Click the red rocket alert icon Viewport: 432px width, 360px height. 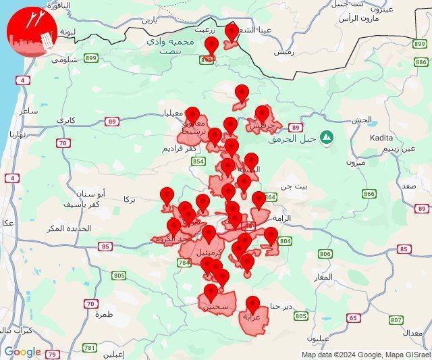(x=30, y=32)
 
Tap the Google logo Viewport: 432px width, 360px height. (x=22, y=352)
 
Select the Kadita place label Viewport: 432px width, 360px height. (x=381, y=138)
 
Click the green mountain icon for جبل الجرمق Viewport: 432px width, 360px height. (x=327, y=137)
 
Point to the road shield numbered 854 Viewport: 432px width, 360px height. (x=198, y=162)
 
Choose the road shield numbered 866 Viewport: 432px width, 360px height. (x=369, y=194)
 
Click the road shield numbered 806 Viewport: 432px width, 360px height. (x=325, y=254)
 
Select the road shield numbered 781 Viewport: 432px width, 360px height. (x=89, y=348)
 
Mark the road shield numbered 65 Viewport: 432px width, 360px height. (x=353, y=317)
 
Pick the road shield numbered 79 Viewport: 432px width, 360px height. (x=53, y=354)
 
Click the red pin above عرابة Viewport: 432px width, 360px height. (x=253, y=305)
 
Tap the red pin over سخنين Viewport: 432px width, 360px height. (x=211, y=292)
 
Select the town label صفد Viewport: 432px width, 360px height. (x=408, y=185)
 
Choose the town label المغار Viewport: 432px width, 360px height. (x=323, y=277)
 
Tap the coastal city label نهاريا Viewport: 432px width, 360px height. (x=16, y=134)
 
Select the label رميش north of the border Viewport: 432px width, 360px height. (x=283, y=52)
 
